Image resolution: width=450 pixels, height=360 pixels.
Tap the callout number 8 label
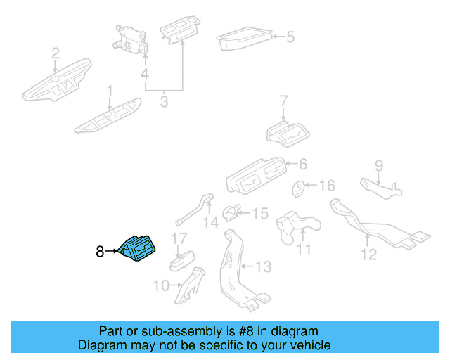click(100, 250)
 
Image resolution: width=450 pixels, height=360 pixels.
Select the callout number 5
click(290, 36)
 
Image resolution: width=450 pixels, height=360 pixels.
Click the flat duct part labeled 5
click(243, 41)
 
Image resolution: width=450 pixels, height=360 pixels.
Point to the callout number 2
click(55, 52)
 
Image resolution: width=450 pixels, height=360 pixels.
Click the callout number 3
click(164, 102)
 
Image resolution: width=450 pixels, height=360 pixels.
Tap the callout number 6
click(302, 164)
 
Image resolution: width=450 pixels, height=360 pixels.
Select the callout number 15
click(260, 212)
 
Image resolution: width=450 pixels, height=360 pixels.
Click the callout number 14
click(211, 223)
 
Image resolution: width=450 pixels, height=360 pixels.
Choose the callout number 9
click(378, 166)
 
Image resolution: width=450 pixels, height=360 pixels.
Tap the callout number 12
click(368, 254)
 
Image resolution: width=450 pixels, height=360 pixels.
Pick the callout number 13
click(262, 266)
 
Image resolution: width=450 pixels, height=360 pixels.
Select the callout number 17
click(179, 238)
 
